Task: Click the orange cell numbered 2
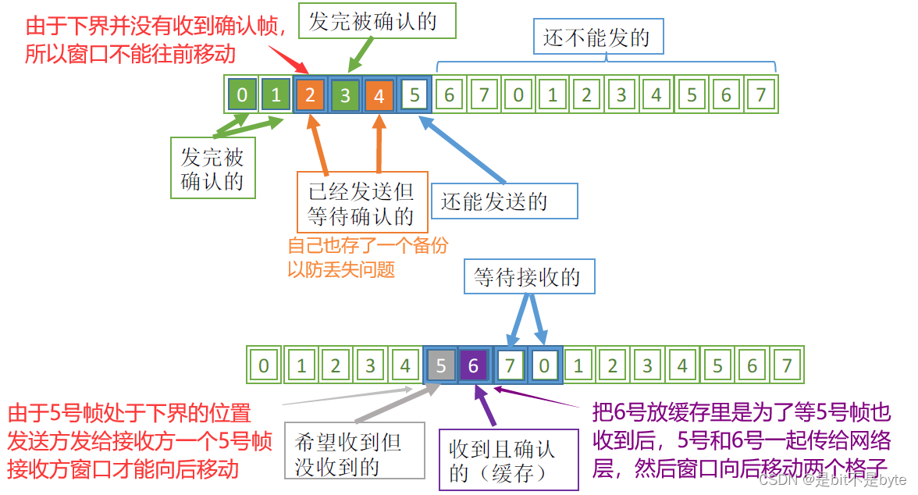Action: click(311, 96)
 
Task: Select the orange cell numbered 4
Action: click(379, 96)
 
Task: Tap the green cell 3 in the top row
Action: click(345, 96)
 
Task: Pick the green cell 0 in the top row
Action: click(242, 96)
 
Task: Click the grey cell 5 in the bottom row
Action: click(441, 365)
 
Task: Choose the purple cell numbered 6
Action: click(475, 365)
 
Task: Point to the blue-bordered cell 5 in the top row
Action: click(414, 96)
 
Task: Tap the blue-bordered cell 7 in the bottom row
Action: click(511, 365)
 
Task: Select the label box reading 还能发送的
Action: click(503, 201)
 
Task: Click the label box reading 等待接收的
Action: click(528, 276)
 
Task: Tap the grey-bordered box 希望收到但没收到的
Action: click(354, 454)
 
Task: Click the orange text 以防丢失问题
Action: click(341, 270)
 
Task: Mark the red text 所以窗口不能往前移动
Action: click(130, 54)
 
